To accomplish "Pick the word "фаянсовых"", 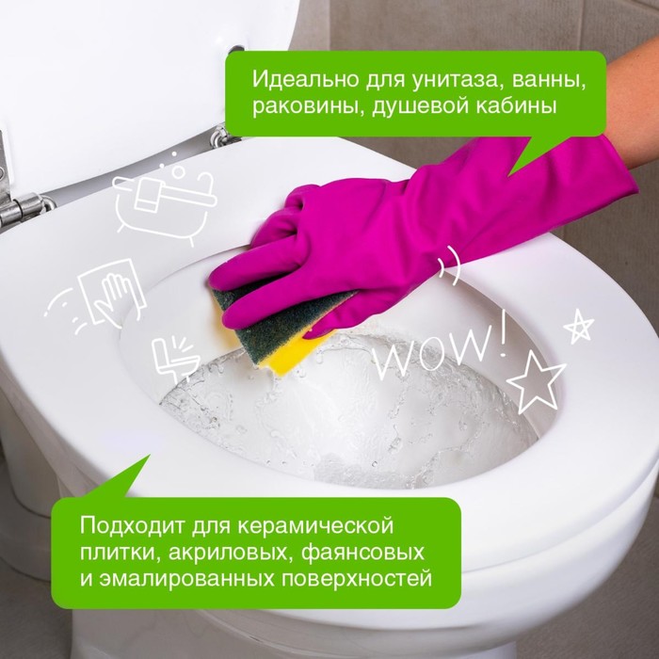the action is tap(362, 553).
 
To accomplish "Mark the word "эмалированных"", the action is tap(187, 578).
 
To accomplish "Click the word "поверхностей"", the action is tap(357, 578).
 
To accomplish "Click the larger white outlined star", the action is tap(536, 381).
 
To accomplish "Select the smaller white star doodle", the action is tap(579, 326).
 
